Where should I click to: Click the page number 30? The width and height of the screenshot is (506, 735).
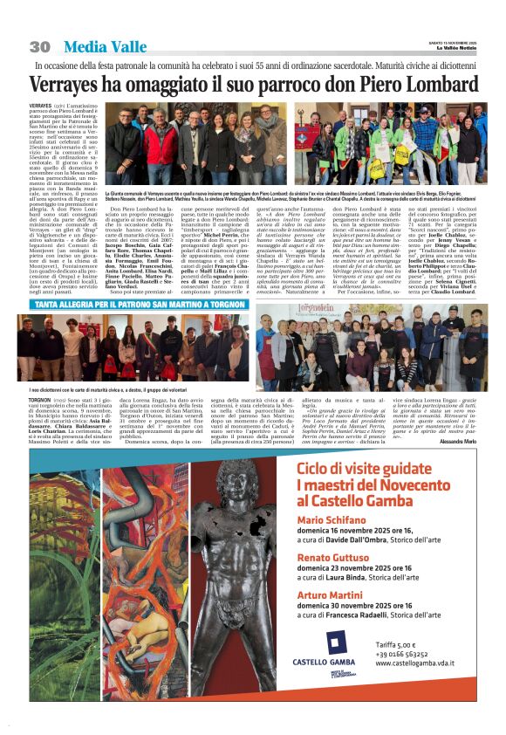point(39,46)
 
